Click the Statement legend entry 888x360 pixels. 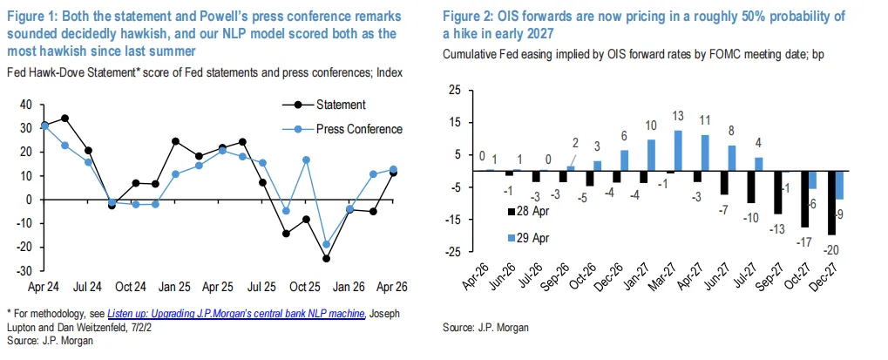pyautogui.click(x=340, y=105)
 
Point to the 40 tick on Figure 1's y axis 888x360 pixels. pyautogui.click(x=25, y=105)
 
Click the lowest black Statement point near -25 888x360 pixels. pyautogui.click(x=326, y=258)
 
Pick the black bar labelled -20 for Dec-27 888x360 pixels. pyautogui.click(x=831, y=203)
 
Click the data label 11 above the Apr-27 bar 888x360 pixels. pyautogui.click(x=705, y=119)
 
